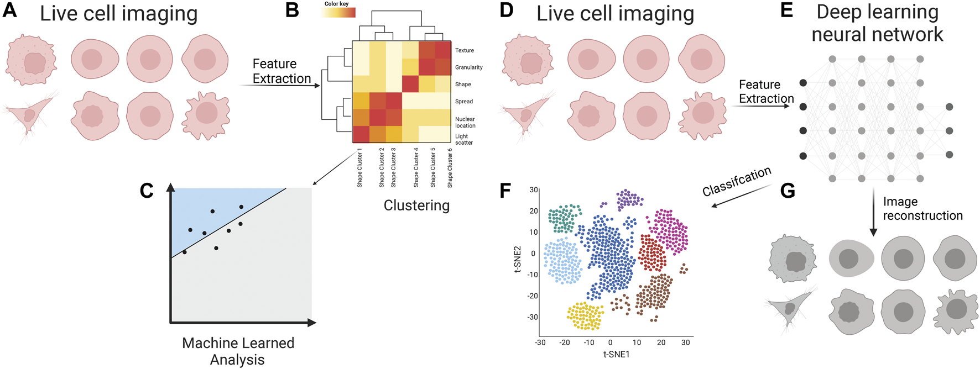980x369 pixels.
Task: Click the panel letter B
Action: tap(292, 10)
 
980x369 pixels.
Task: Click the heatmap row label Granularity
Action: tap(468, 67)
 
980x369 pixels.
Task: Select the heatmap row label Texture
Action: tap(464, 50)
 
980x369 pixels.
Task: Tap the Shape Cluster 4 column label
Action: tap(416, 167)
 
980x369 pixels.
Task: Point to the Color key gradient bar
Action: tap(338, 12)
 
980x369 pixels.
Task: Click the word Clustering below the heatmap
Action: tap(416, 205)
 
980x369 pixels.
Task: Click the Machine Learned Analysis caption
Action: tap(238, 351)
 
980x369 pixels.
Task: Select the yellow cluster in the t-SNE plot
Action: tap(585, 315)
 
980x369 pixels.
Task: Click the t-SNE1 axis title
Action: tap(616, 354)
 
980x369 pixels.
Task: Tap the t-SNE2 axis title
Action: tap(518, 259)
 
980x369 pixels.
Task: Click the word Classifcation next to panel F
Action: tap(736, 182)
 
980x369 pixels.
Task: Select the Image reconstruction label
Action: tap(922, 209)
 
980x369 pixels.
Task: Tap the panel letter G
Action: tap(787, 191)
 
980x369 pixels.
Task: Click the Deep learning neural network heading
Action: tap(877, 23)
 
